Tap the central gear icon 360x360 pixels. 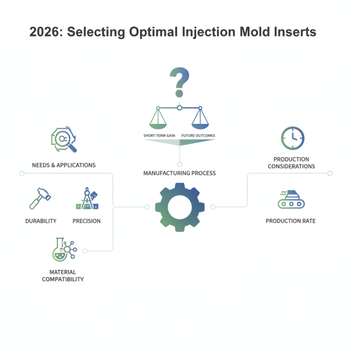(x=180, y=207)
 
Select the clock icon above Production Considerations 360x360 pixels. (x=292, y=138)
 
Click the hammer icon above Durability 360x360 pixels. (x=39, y=198)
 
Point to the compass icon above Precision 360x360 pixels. (x=87, y=198)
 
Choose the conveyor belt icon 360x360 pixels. (x=291, y=199)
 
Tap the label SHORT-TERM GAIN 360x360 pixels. (x=159, y=135)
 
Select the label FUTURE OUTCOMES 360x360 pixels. (x=198, y=135)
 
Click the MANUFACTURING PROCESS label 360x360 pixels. (x=180, y=173)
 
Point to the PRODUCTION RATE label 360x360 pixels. (x=290, y=221)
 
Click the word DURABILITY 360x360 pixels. (x=41, y=221)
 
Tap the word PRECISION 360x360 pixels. (x=86, y=221)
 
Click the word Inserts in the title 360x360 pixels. (x=292, y=32)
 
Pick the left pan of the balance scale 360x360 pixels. (x=158, y=123)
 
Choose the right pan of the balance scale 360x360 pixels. (x=200, y=123)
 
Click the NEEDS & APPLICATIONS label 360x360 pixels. (x=64, y=165)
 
